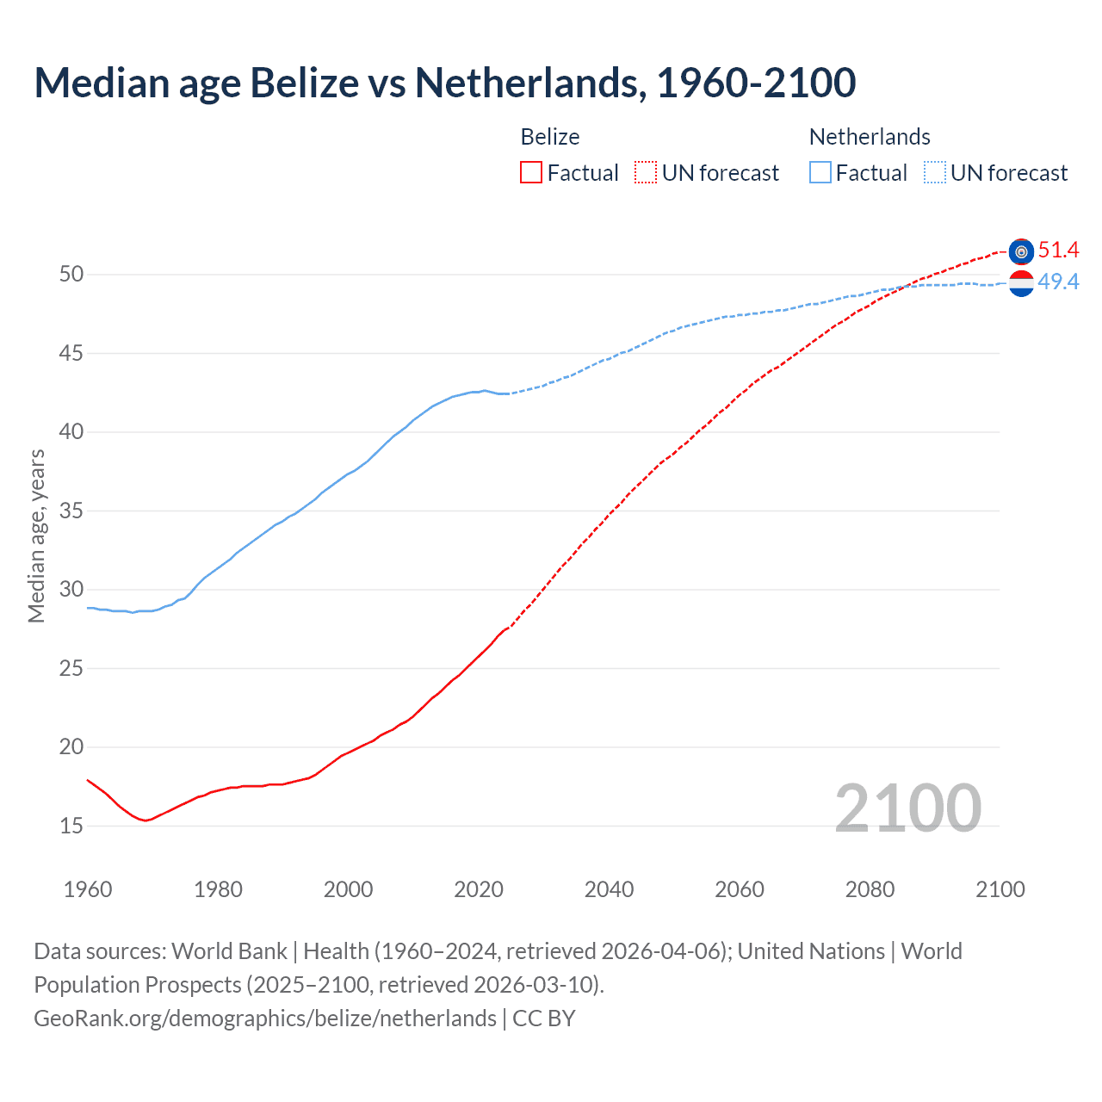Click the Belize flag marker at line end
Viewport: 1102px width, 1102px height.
tap(1021, 251)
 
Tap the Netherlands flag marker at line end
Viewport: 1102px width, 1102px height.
tap(1021, 282)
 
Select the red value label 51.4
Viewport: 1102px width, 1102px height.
tap(1058, 251)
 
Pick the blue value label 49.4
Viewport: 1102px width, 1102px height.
tap(1058, 282)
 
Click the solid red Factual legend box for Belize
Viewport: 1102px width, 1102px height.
tap(531, 173)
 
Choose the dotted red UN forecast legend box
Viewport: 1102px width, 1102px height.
tap(646, 173)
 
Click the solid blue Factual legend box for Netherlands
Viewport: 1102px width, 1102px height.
tap(820, 173)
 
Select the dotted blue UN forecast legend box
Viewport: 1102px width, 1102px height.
tap(935, 173)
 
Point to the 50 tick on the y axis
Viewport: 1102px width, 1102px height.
tap(71, 275)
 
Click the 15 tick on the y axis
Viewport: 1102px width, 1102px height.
tap(71, 826)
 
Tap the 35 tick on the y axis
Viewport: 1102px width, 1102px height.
tap(71, 511)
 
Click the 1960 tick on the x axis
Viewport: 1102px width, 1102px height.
tap(88, 889)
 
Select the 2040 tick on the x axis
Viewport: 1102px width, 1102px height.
tap(609, 889)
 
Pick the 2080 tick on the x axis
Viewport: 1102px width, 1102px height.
tap(870, 889)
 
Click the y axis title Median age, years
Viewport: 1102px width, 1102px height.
tap(36, 536)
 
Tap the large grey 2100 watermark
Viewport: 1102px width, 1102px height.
tap(907, 808)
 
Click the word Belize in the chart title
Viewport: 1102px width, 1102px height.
tap(304, 83)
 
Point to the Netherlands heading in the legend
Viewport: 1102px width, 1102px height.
tap(870, 137)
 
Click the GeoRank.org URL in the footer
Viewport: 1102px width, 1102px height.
tap(265, 1018)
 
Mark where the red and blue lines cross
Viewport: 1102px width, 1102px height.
tap(907, 286)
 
